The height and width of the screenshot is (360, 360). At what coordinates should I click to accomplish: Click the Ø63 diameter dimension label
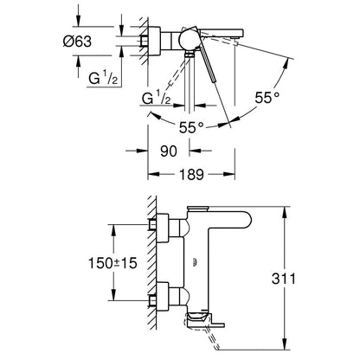click(77, 42)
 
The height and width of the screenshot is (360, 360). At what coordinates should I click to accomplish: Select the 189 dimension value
click(191, 174)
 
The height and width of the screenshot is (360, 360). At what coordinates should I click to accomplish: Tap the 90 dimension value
click(169, 151)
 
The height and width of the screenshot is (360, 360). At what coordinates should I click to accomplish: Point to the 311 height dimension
click(284, 279)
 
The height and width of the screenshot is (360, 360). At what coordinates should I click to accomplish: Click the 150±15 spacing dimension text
click(112, 263)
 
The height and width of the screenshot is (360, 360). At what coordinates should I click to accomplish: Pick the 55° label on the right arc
click(267, 98)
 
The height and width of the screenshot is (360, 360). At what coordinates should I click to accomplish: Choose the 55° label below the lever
click(191, 127)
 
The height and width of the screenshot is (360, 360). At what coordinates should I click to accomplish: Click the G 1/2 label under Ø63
click(103, 79)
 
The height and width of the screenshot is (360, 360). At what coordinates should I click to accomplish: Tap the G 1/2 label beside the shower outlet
click(157, 98)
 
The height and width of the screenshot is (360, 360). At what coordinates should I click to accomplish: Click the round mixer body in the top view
click(188, 40)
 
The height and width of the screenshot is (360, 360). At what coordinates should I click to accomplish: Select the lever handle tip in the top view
click(214, 80)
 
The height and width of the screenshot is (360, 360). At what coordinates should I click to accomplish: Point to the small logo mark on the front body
click(196, 262)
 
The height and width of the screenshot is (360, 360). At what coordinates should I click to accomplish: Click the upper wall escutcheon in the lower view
click(163, 228)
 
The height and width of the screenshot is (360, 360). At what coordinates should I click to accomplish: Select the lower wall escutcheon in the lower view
click(163, 297)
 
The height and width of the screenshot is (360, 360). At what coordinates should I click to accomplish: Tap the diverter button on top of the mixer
click(198, 208)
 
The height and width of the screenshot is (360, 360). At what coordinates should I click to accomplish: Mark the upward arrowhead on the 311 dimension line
click(285, 214)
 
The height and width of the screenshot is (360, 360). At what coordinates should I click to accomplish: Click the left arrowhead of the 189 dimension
click(153, 174)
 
